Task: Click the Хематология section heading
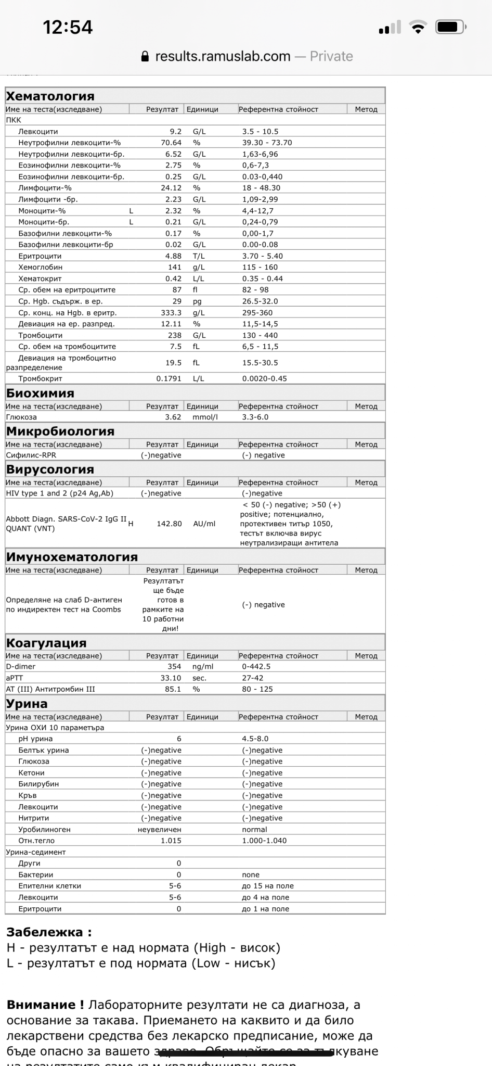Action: [50, 96]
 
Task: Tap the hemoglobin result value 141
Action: [175, 267]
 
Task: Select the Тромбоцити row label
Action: [40, 335]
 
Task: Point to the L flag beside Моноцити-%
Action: [132, 211]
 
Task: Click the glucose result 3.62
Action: [173, 417]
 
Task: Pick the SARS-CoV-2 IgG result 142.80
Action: [169, 524]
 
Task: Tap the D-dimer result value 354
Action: [174, 666]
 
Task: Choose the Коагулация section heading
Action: [46, 643]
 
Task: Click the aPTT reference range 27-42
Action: [253, 678]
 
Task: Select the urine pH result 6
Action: [179, 739]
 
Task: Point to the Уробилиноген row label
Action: [44, 829]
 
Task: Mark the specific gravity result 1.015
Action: [171, 841]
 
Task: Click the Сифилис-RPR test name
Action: [31, 455]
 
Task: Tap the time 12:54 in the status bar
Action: [68, 27]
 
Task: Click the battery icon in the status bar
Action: [450, 27]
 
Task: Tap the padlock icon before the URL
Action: [145, 57]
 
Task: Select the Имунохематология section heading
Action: [72, 557]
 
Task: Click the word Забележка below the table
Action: [45, 932]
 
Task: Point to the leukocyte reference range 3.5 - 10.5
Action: [260, 132]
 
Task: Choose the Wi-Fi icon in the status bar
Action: [418, 27]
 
